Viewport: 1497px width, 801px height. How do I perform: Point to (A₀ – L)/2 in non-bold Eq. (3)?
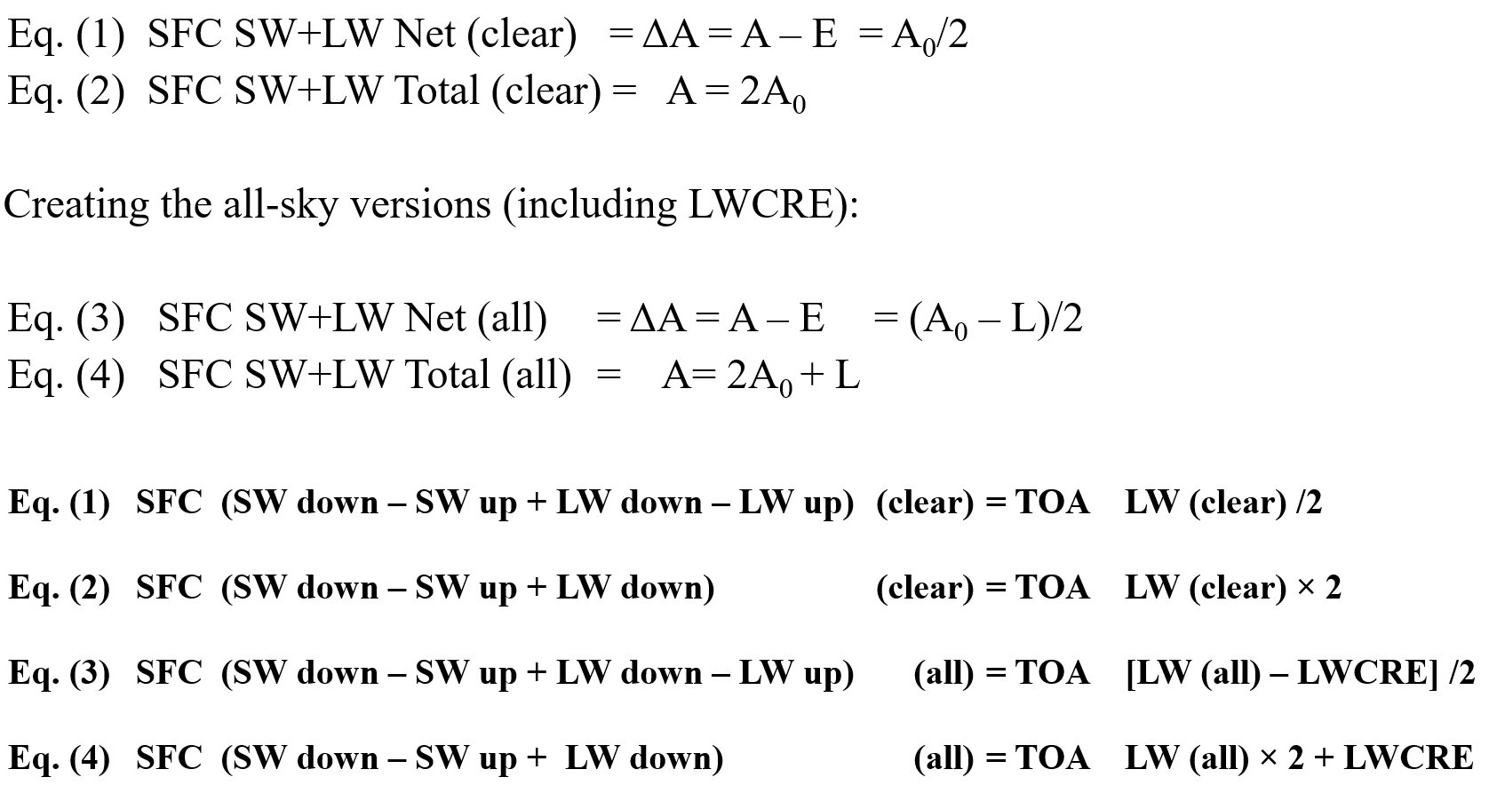(996, 320)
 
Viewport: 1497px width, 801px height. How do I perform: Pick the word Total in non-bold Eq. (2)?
(437, 91)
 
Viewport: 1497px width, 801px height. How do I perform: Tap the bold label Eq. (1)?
(59, 503)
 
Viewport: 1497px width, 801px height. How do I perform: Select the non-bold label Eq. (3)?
(66, 319)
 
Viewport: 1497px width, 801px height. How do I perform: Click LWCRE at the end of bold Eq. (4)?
(1409, 757)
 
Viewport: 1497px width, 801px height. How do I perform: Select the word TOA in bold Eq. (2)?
(1053, 588)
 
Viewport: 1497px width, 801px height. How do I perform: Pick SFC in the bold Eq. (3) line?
(169, 673)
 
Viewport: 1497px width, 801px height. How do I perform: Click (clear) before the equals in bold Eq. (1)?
(925, 503)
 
